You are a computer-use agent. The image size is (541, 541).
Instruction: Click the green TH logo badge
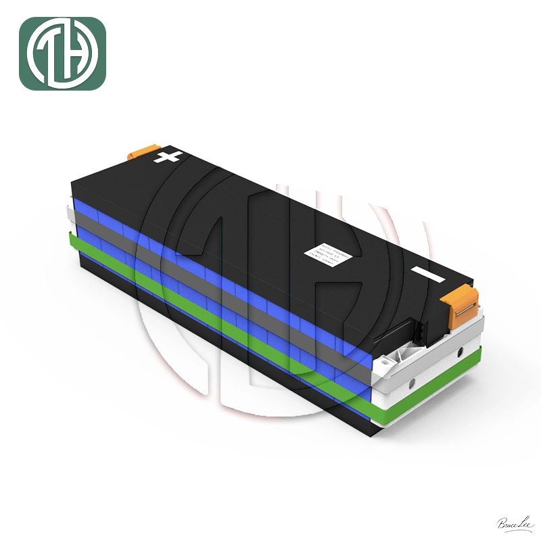click(62, 54)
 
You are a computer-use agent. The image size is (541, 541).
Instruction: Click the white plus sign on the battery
click(168, 158)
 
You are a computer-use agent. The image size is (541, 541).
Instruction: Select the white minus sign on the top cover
click(428, 276)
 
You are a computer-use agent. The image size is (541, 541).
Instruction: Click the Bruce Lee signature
click(516, 523)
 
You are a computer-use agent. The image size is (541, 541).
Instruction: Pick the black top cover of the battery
click(270, 216)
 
